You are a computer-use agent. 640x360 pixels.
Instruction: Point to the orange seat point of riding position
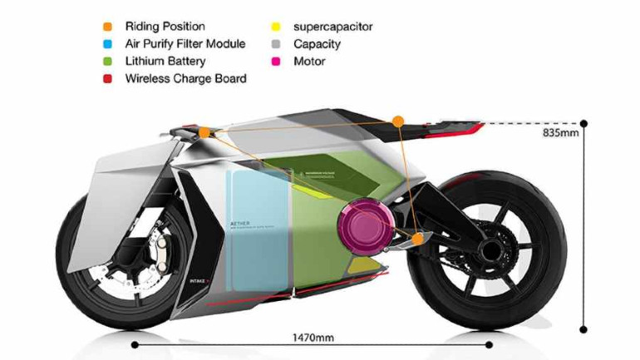[x=398, y=121]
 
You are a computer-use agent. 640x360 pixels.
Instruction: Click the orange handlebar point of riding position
[x=204, y=131]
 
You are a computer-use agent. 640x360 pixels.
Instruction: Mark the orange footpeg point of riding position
[x=417, y=239]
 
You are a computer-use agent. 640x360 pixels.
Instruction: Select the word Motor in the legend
[x=310, y=62]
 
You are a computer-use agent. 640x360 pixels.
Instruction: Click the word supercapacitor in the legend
[x=333, y=27]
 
